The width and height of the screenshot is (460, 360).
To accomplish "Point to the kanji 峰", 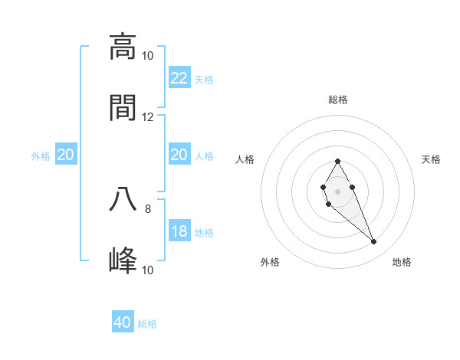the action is [x=123, y=260].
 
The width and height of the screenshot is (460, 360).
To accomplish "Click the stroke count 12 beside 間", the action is [x=147, y=117].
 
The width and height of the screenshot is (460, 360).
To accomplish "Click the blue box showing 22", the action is [x=179, y=78].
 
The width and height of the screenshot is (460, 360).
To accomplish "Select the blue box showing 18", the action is [x=179, y=231].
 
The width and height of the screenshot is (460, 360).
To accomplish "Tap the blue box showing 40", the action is [x=123, y=322].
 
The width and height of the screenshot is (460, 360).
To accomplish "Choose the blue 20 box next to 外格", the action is [x=66, y=155].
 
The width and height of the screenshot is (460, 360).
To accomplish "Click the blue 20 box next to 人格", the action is [x=179, y=155].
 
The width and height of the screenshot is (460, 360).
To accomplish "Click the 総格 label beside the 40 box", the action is [x=147, y=324].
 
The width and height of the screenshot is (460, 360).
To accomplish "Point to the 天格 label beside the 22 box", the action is [x=204, y=80].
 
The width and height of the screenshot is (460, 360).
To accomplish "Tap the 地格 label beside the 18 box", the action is [x=204, y=233].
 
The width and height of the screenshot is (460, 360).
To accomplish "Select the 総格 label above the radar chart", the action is [x=338, y=100].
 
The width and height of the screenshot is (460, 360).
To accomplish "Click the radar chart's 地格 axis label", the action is [x=402, y=263].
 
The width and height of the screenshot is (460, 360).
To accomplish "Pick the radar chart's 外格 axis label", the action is [x=270, y=263].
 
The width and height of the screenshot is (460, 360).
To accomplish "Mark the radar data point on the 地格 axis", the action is [x=374, y=242].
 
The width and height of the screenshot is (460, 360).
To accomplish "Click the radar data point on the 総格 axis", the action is [x=337, y=161].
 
